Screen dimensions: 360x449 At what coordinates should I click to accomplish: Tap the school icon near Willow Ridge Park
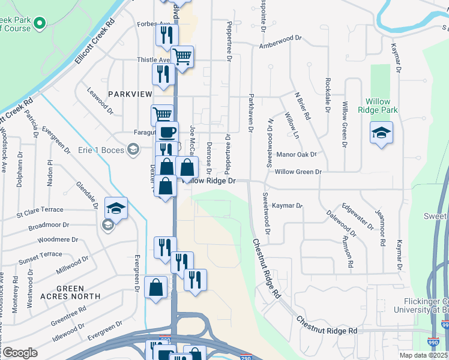[x=381, y=133]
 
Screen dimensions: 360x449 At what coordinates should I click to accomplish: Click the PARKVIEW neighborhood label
[x=128, y=94]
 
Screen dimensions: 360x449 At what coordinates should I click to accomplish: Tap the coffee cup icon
[x=167, y=131]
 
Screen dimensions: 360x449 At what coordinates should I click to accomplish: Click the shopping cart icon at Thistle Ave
[x=182, y=57]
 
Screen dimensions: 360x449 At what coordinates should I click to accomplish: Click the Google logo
[x=20, y=353]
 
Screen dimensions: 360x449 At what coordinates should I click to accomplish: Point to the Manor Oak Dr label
[x=297, y=154]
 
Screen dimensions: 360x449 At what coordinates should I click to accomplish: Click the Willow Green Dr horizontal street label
[x=298, y=172]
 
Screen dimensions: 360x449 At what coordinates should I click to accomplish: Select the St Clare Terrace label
[x=40, y=210]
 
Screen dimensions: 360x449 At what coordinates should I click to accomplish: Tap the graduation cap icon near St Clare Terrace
[x=116, y=208]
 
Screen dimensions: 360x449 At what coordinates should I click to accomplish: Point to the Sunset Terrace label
[x=40, y=255]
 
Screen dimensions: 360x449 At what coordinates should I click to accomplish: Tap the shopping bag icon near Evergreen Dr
[x=155, y=287]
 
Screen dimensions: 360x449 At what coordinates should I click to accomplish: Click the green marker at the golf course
[x=40, y=24]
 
